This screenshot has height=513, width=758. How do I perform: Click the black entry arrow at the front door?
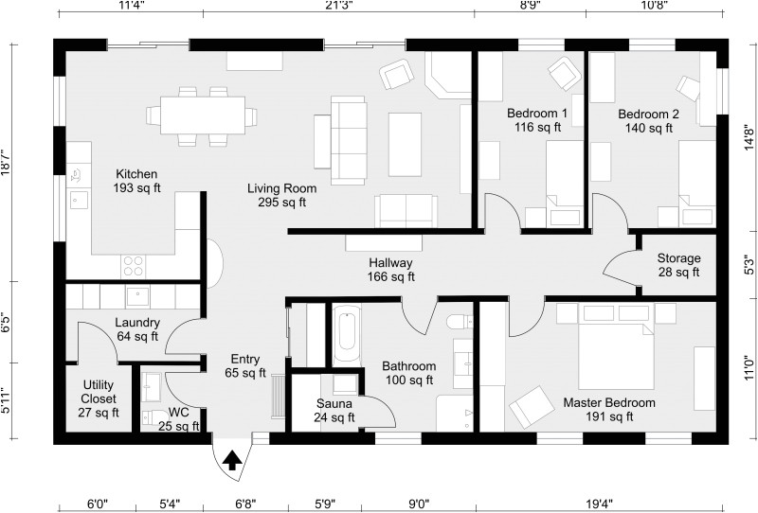click(231, 460)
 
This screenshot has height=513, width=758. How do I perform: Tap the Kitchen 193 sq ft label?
click(136, 181)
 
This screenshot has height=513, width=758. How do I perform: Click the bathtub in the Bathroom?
click(347, 335)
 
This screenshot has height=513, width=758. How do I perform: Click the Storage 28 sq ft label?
click(678, 265)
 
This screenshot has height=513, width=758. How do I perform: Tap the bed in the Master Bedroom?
click(617, 350)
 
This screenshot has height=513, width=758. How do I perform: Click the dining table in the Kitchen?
click(201, 115)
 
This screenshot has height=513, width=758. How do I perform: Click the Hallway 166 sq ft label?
click(391, 270)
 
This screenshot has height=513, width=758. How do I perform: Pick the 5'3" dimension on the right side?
click(749, 261)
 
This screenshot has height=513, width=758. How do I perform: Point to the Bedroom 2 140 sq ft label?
click(649, 120)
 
